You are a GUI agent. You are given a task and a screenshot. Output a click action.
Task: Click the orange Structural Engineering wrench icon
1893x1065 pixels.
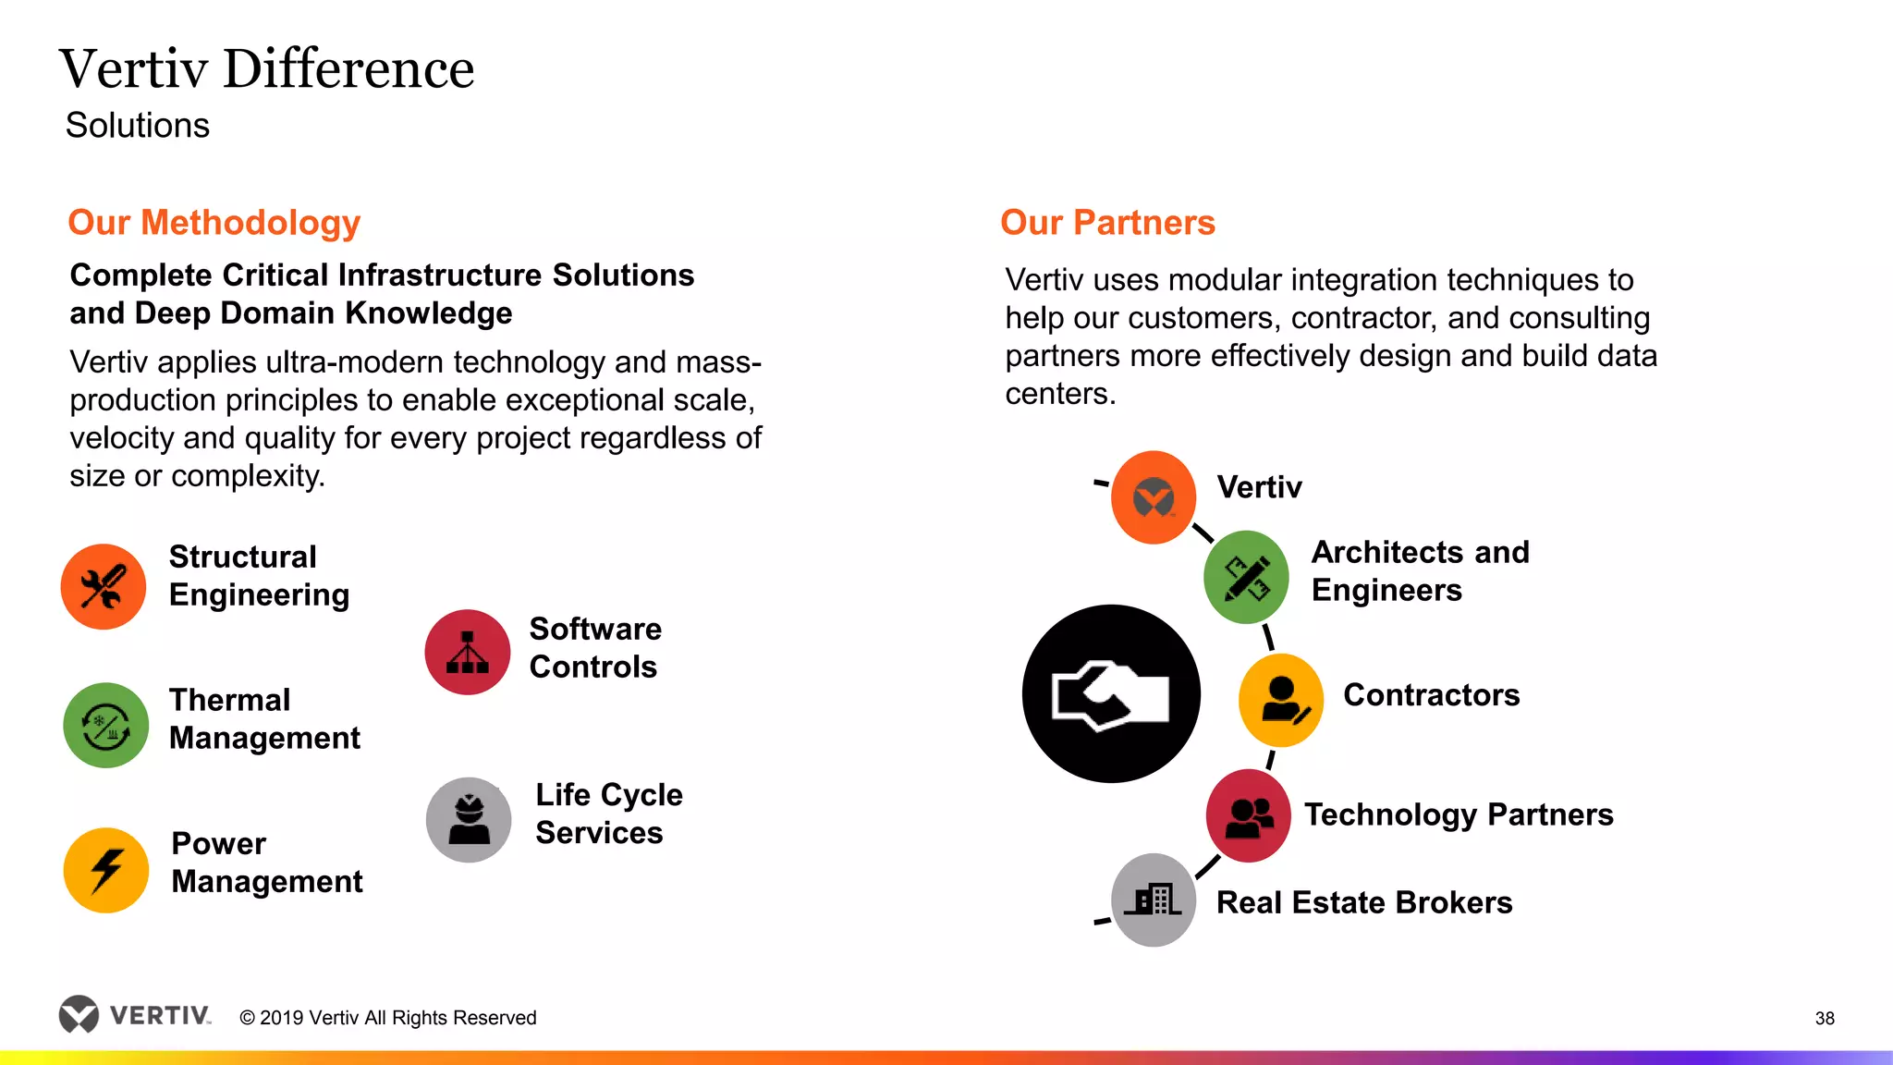104,587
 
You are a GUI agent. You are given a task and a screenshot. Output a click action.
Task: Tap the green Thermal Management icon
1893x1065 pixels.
106,726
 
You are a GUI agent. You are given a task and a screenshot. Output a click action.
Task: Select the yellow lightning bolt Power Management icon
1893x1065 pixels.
106,870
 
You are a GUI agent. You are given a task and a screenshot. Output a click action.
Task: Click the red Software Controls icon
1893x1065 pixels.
468,653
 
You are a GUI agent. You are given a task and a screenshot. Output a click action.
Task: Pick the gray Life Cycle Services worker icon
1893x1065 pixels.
469,820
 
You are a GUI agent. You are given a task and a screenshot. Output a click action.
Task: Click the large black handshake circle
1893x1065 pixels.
1111,694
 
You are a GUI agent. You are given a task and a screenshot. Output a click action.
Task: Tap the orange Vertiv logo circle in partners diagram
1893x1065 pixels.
1154,497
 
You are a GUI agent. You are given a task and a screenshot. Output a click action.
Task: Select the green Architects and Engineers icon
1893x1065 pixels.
1246,578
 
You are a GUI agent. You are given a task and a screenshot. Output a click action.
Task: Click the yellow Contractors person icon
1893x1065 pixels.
1281,700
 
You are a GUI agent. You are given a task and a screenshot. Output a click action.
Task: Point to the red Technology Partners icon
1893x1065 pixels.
1249,815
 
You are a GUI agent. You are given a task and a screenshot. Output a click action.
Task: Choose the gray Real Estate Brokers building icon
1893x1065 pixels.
1153,900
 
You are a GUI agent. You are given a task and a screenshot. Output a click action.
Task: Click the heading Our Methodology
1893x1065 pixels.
214,223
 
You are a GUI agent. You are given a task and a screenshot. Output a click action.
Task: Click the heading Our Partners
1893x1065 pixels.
1107,223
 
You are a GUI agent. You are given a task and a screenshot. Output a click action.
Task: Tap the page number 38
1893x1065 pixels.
1825,1018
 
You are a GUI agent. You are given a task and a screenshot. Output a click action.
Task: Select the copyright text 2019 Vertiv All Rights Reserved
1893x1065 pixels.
388,1018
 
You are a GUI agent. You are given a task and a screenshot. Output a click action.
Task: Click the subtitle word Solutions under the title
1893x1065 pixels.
138,126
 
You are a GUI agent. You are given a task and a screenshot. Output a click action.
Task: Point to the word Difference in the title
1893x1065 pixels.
348,69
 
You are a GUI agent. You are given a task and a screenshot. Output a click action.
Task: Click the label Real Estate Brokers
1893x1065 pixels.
1364,902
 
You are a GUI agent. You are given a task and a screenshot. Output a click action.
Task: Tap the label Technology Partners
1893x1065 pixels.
1459,814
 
